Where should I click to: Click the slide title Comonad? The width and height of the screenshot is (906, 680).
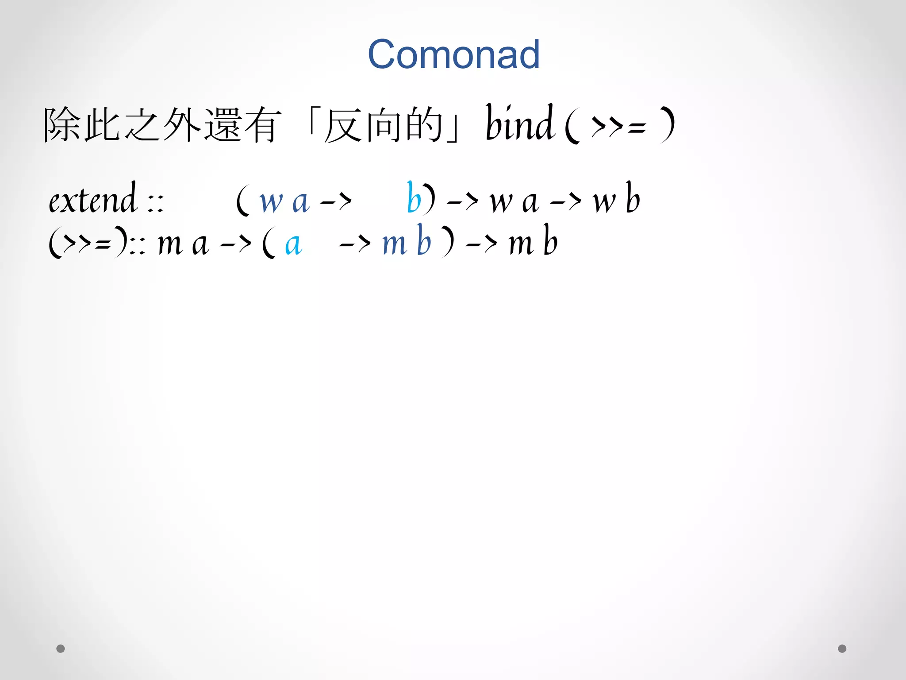453,54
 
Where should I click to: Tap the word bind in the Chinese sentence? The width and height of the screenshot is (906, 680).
519,124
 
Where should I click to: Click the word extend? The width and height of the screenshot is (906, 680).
92,200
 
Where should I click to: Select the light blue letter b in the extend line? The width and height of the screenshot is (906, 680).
414,199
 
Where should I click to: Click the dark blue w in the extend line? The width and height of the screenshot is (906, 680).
271,202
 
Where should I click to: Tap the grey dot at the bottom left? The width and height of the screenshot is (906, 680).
61,649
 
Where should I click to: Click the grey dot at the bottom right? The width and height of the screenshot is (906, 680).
842,649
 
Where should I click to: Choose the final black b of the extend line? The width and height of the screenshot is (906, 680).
633,199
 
